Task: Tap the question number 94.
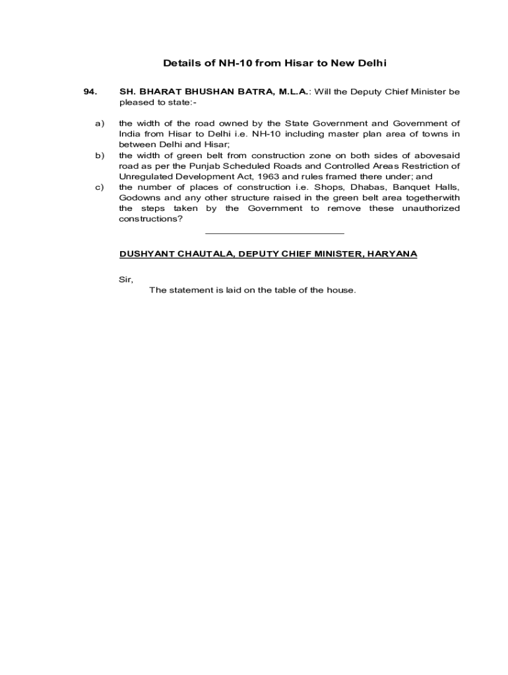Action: pyautogui.click(x=91, y=92)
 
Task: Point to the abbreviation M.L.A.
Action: pyautogui.click(x=292, y=92)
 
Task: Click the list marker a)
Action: pyautogui.click(x=100, y=123)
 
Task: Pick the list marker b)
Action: pyautogui.click(x=100, y=156)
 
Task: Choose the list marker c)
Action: pyautogui.click(x=100, y=187)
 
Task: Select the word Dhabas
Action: pyautogui.click(x=338, y=187)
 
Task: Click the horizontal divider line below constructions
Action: pyautogui.click(x=274, y=233)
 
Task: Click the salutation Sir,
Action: pyautogui.click(x=126, y=279)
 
